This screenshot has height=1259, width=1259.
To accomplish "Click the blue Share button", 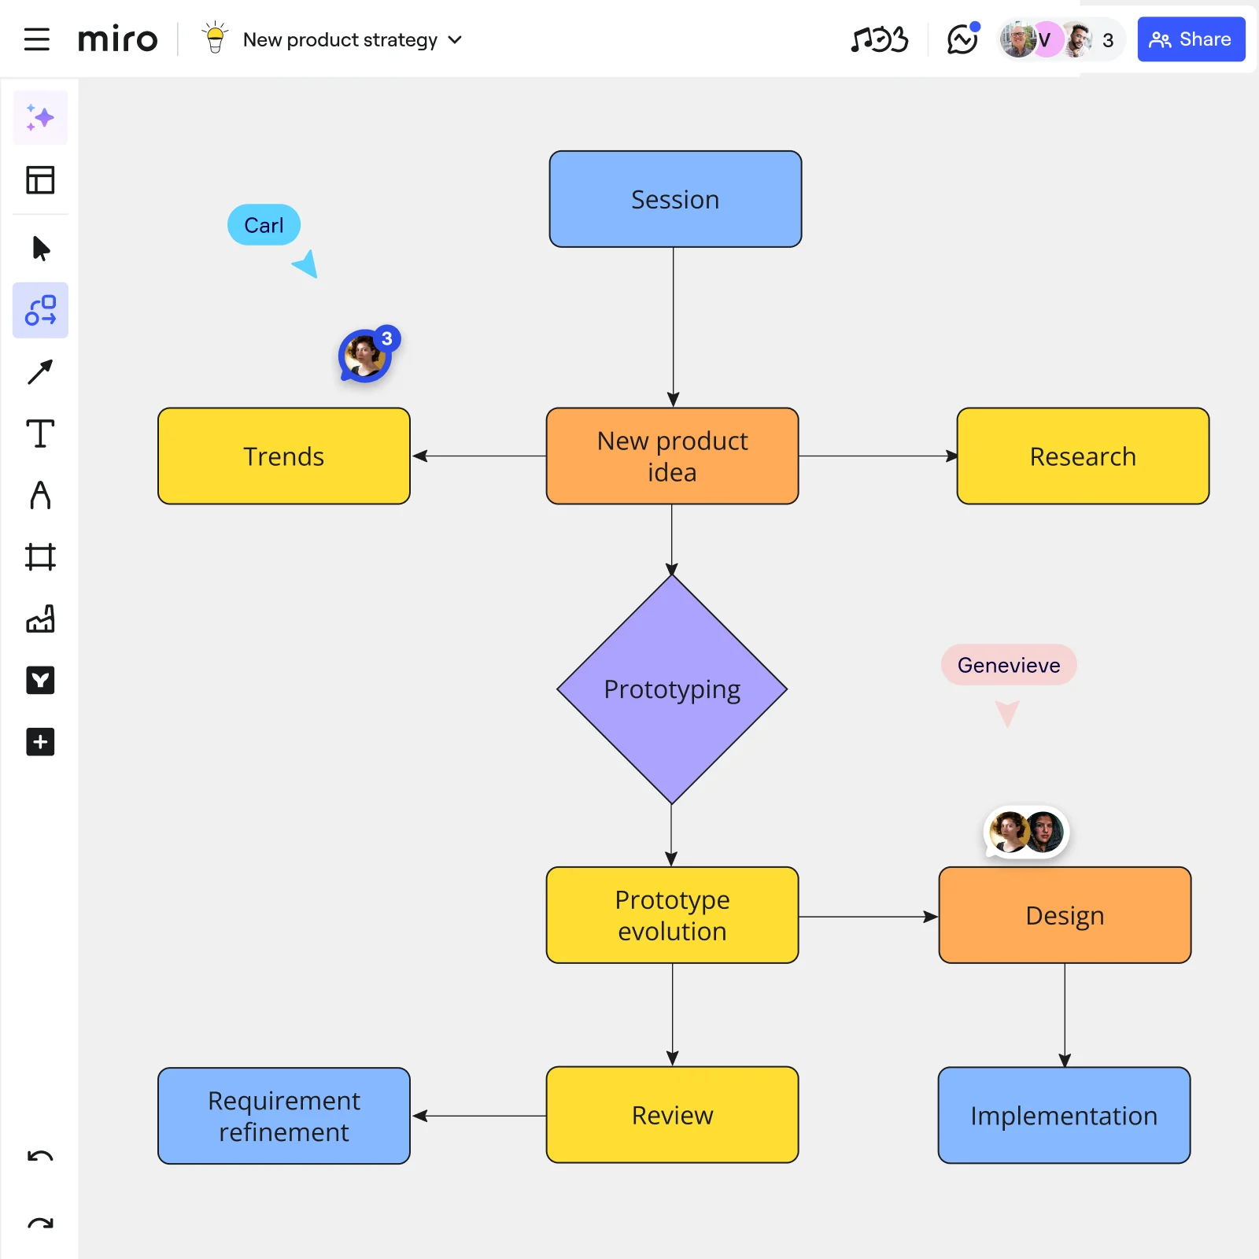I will tap(1191, 39).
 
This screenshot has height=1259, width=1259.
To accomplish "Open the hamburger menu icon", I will tap(36, 39).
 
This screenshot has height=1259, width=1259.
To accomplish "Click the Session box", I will tap(675, 199).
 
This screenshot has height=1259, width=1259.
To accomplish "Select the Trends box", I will tap(283, 456).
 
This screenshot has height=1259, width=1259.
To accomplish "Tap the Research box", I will tap(1083, 456).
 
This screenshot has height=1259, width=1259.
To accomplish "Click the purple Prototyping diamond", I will tap(672, 689).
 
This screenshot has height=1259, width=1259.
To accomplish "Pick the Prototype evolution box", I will tap(672, 915).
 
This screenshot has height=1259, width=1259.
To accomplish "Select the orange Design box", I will tap(1065, 915).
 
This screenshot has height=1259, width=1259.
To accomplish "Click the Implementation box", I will tap(1064, 1115).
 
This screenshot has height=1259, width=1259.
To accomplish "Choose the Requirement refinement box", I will tap(283, 1115).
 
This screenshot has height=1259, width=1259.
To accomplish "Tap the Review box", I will tap(672, 1115).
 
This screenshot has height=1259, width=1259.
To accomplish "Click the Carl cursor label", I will tap(264, 225).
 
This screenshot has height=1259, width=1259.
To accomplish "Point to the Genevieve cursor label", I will tap(1008, 665).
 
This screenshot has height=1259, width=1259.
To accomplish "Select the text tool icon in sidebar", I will tap(40, 434).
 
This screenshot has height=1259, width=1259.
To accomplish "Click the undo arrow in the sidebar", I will tap(40, 1156).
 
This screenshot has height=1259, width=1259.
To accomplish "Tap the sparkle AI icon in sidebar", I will tap(40, 118).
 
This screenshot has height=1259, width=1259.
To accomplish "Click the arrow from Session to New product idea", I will tap(674, 327).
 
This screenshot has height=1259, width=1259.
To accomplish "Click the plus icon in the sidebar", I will tap(40, 742).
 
